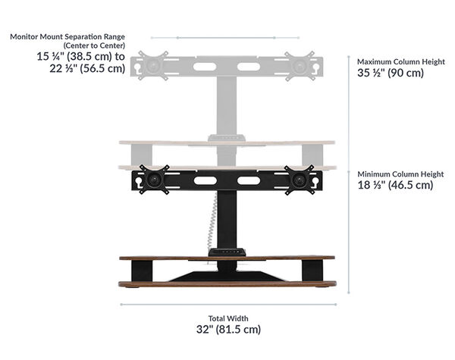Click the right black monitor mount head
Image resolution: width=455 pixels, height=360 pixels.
click(299, 180)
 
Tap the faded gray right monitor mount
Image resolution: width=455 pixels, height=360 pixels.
click(299, 65)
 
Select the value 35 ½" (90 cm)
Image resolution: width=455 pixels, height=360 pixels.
click(391, 74)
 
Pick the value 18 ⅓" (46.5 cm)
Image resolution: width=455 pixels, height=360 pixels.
click(395, 185)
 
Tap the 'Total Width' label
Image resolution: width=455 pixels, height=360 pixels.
click(228, 318)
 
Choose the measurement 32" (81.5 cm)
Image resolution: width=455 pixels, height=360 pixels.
click(228, 330)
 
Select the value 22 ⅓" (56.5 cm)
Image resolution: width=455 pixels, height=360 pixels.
click(80, 68)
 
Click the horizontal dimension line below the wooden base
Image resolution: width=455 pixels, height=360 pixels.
click(227, 305)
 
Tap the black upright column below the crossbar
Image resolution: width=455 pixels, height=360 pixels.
click(228, 220)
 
